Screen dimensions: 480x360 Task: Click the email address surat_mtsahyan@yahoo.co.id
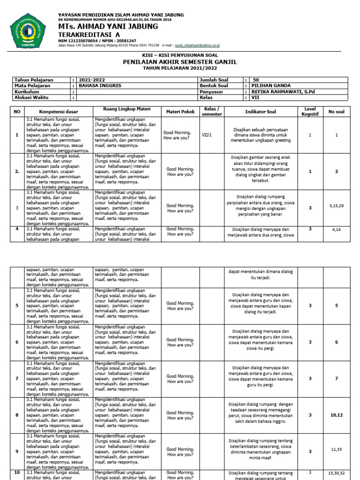[197, 45]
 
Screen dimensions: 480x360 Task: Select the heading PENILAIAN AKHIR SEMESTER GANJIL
[180, 62]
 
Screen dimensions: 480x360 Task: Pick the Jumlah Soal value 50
[255, 80]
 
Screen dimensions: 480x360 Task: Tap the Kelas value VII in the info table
[255, 98]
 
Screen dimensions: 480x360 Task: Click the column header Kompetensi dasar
[59, 112]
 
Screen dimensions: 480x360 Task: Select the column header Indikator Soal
[261, 112]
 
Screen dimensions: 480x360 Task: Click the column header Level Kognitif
[310, 112]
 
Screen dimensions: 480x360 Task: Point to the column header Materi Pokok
[180, 112]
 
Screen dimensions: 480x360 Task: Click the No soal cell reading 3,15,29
[337, 205]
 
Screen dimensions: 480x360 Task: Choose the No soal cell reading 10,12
[337, 415]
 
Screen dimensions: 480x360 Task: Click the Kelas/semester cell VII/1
[207, 135]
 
